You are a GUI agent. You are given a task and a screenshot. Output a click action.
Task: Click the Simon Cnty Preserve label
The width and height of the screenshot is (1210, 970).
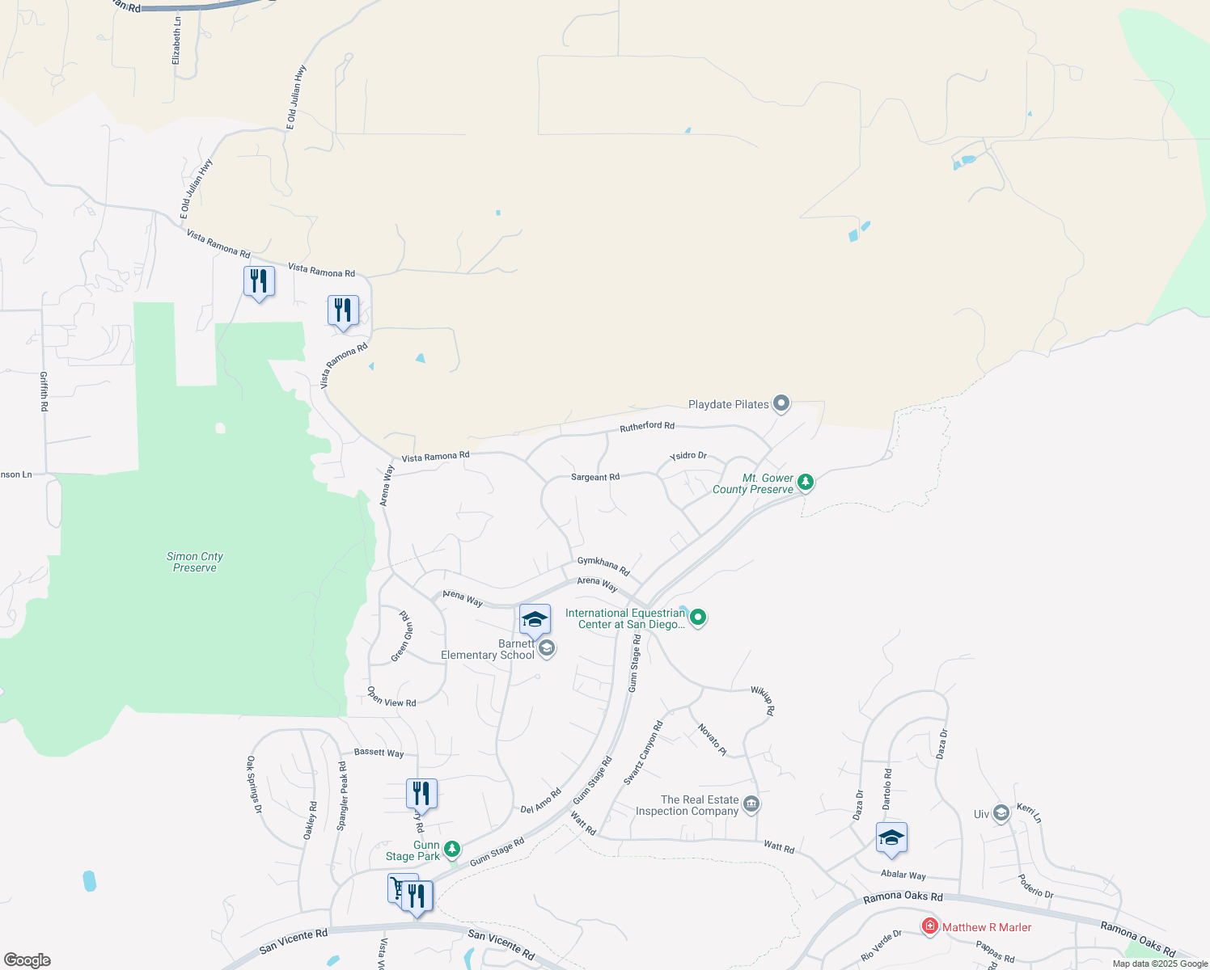195,562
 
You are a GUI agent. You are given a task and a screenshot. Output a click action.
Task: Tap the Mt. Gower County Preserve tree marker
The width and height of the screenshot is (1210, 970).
805,483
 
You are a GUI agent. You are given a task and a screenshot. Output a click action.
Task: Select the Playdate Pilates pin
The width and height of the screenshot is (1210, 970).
781,403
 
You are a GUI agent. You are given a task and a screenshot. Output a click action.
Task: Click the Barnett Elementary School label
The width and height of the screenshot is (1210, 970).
488,650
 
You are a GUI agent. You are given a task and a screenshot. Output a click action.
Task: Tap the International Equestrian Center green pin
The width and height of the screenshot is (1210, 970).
698,618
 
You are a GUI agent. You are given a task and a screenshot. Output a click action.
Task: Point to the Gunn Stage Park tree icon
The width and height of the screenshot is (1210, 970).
452,849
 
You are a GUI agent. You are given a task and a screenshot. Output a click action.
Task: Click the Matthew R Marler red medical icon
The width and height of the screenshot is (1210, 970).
930,926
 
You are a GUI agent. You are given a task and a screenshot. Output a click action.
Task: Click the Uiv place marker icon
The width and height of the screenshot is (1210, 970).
1001,813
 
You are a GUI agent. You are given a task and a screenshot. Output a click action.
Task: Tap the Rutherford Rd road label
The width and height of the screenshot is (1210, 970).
647,426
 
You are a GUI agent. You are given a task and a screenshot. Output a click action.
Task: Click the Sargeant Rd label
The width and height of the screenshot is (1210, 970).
595,477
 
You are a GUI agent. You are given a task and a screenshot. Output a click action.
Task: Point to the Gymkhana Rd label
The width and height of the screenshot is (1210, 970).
603,566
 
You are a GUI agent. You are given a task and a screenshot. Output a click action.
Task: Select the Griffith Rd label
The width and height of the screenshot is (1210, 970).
44,391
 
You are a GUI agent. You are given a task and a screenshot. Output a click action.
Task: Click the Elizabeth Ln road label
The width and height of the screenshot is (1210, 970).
176,41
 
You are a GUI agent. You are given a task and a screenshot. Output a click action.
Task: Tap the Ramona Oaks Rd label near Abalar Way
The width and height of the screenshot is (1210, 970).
903,896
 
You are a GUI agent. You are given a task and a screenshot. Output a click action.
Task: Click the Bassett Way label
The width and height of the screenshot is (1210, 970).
379,753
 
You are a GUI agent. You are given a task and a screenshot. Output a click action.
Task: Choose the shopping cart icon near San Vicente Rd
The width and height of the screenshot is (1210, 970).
398,888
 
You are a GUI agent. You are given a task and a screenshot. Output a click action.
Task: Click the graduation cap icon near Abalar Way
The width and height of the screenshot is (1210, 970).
891,838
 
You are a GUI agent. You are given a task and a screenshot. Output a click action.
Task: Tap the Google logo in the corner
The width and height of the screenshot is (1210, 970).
27,960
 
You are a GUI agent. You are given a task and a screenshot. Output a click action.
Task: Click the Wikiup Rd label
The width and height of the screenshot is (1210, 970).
764,700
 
